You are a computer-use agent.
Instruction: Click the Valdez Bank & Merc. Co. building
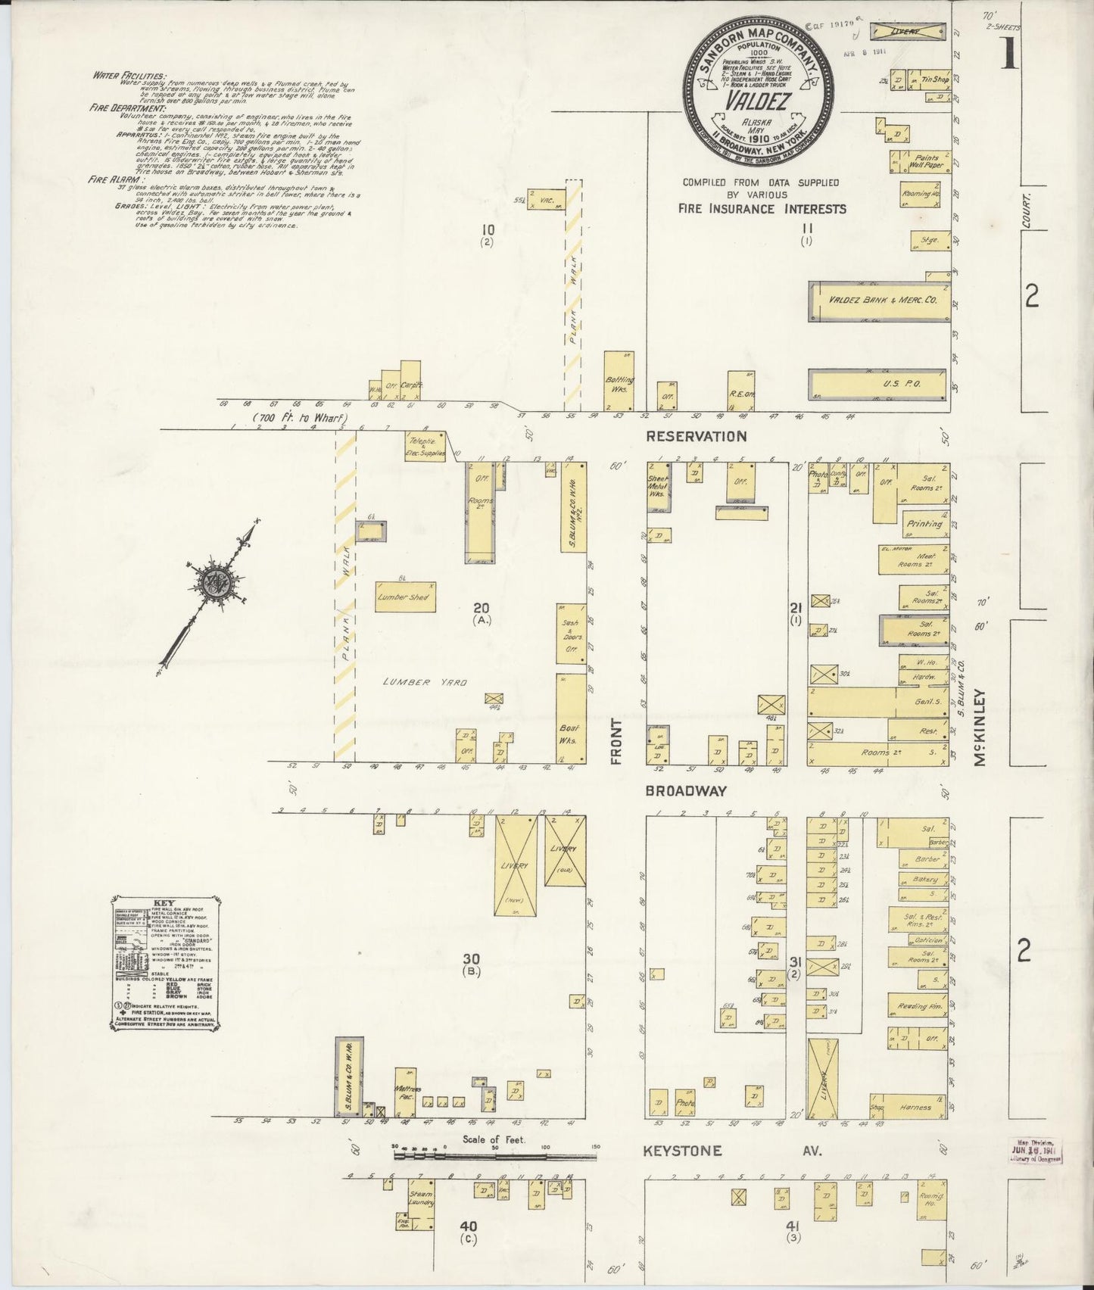pyautogui.click(x=879, y=301)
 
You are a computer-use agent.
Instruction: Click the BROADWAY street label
pyautogui.click(x=686, y=791)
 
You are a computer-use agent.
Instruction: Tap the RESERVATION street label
pyautogui.click(x=697, y=436)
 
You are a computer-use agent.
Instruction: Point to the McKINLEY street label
pyautogui.click(x=981, y=728)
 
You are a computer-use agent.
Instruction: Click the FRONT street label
pyautogui.click(x=616, y=741)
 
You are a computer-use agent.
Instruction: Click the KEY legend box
pyautogui.click(x=166, y=961)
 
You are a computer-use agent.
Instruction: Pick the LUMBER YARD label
pyautogui.click(x=428, y=683)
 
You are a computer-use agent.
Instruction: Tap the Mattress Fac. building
pyautogui.click(x=407, y=1094)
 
